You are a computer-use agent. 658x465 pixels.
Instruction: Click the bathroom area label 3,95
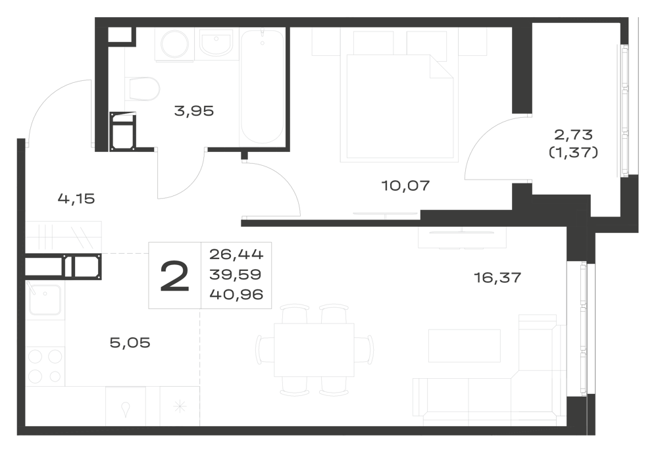click(194, 111)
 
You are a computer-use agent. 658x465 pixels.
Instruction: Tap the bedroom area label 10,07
click(406, 185)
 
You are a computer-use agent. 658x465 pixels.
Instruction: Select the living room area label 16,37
click(497, 278)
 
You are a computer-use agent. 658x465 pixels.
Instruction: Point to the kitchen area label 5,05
click(130, 343)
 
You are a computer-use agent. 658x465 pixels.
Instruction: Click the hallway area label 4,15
click(76, 199)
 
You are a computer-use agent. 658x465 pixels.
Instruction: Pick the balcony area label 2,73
click(573, 135)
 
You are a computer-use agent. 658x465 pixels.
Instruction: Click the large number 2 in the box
click(174, 276)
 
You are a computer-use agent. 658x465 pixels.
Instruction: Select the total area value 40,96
click(236, 295)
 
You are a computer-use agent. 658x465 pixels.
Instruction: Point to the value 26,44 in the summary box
click(236, 254)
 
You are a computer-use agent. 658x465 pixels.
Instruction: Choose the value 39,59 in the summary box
click(236, 274)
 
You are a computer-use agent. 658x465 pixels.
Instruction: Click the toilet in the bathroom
click(143, 89)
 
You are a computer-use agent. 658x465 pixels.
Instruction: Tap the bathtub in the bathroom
click(262, 86)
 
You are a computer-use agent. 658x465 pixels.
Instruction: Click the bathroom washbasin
click(216, 43)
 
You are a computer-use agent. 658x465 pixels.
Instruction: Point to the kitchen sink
click(45, 299)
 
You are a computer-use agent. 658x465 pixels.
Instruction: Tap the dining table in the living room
click(314, 350)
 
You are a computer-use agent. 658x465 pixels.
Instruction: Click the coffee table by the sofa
click(464, 345)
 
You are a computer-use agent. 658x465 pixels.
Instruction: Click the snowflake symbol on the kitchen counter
click(180, 406)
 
